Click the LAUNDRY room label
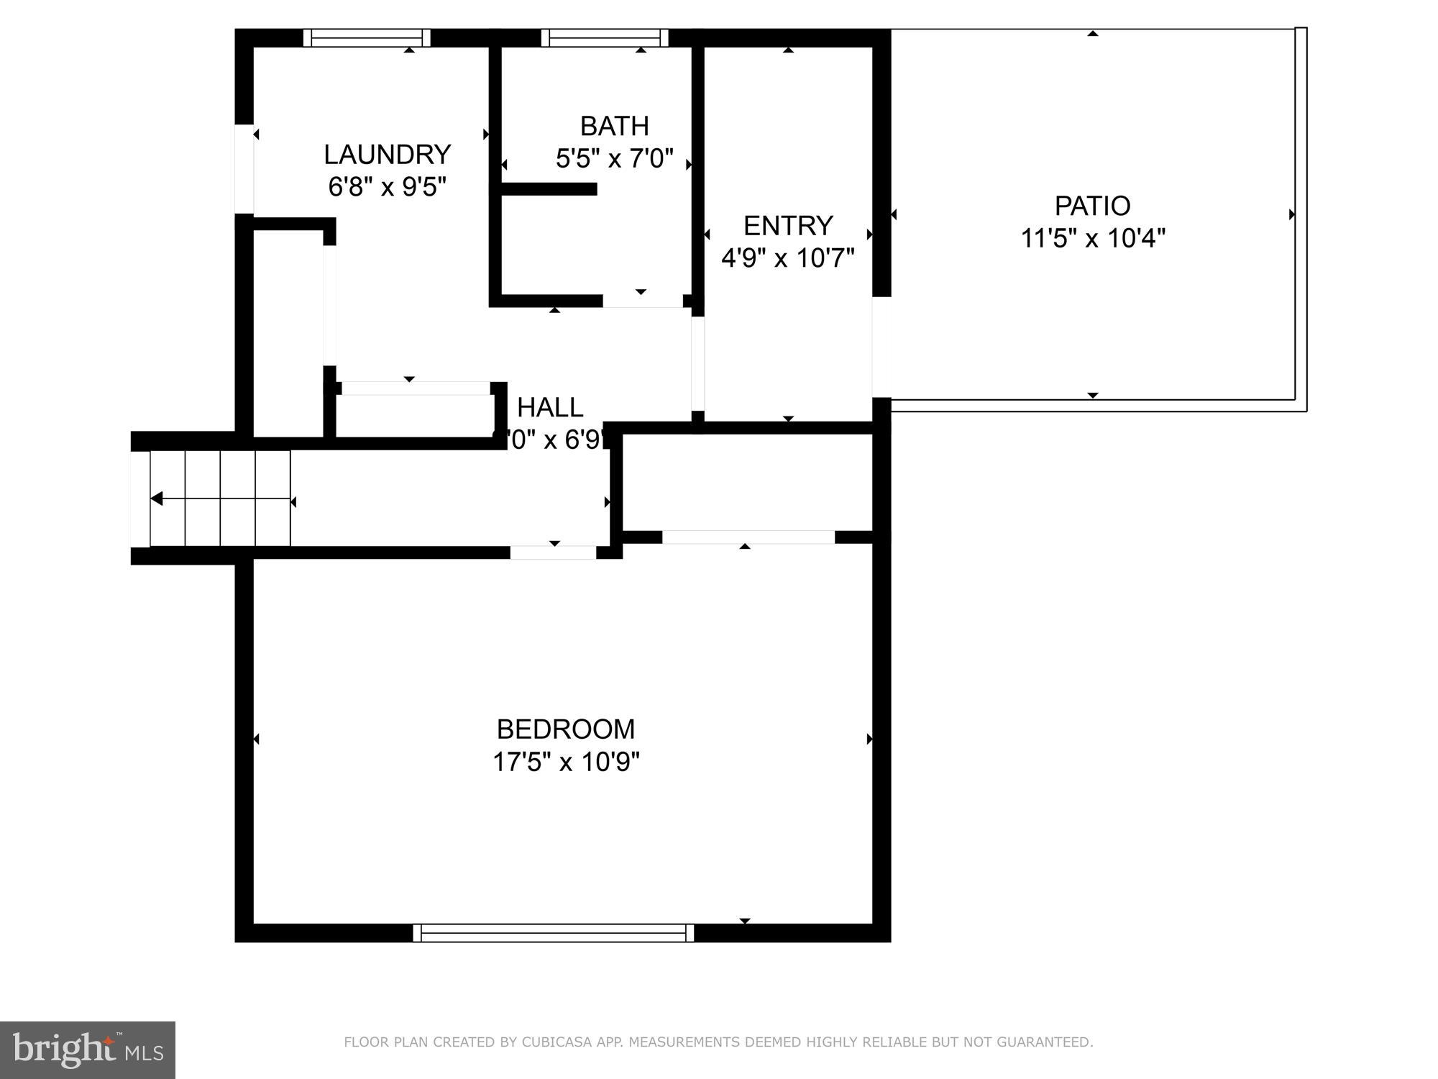(387, 155)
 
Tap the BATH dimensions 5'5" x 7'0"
(614, 158)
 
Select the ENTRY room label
(787, 226)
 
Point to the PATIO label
(1092, 206)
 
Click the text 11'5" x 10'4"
(1092, 238)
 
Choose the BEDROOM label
(566, 729)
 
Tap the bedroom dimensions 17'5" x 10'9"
(566, 762)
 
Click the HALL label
(550, 408)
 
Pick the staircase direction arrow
(157, 499)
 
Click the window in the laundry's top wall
(366, 38)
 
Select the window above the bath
(604, 38)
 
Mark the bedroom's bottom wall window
(554, 933)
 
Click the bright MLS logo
(87, 1050)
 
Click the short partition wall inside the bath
(548, 189)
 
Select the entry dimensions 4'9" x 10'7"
(787, 258)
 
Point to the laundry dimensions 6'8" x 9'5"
(387, 187)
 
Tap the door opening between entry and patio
(881, 347)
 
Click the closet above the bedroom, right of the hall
(746, 482)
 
